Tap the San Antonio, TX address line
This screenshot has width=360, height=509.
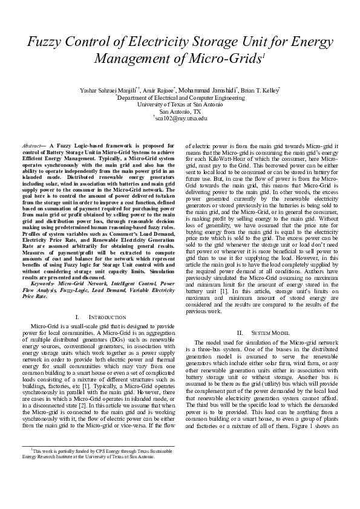[x=180, y=111]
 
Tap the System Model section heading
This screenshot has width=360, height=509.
[x=261, y=333]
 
